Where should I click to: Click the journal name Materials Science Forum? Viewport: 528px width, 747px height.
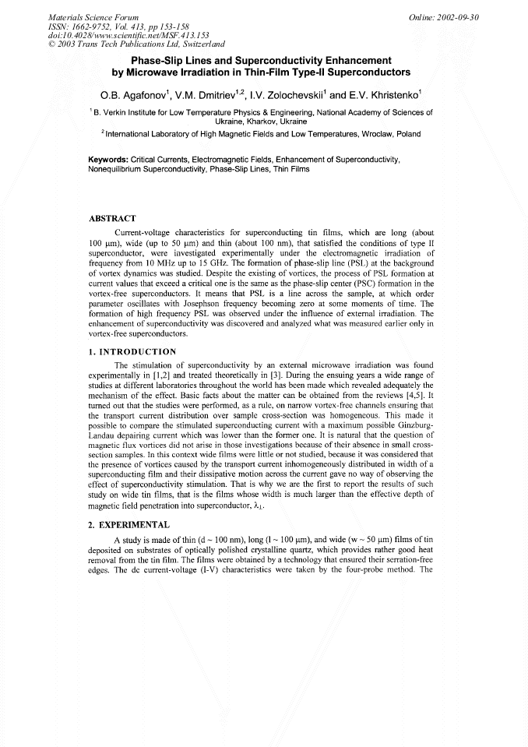click(84, 16)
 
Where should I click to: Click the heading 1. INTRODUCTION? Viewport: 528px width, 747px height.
click(132, 351)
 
